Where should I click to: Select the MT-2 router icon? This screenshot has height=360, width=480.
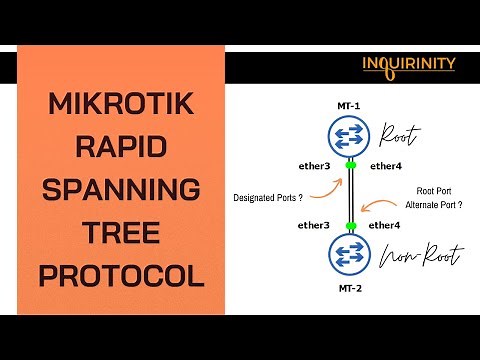point(350,252)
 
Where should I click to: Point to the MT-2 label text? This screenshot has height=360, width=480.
point(350,285)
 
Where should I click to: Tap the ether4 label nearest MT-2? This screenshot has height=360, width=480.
point(385,225)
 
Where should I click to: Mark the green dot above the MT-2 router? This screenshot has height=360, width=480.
point(351,225)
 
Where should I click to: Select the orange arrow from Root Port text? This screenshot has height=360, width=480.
point(381,206)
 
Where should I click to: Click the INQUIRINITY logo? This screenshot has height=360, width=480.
point(409,65)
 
